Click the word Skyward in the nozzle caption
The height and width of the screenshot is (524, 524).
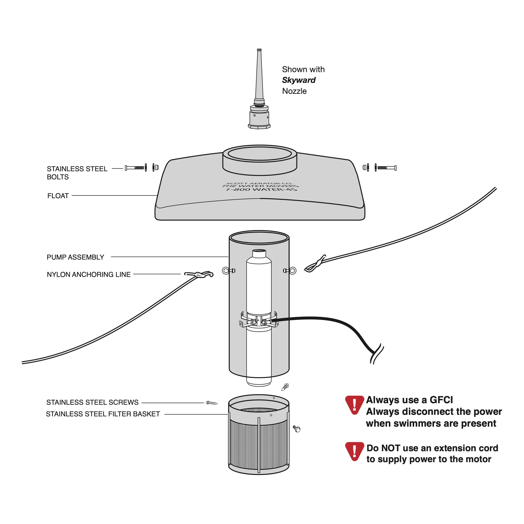pyautogui.click(x=299, y=80)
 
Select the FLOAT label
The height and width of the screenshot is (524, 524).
pyautogui.click(x=58, y=196)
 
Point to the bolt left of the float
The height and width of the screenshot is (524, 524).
pyautogui.click(x=135, y=168)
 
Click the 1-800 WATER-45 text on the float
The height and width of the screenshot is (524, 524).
pyautogui.click(x=261, y=189)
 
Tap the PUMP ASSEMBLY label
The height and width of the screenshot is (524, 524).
pyautogui.click(x=75, y=257)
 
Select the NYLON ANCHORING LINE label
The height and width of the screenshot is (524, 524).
pyautogui.click(x=89, y=274)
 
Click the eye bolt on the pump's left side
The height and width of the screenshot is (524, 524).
pyautogui.click(x=228, y=271)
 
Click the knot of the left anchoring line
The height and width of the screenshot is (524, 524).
pyautogui.click(x=200, y=275)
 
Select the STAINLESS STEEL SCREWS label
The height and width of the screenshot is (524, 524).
pyautogui.click(x=92, y=402)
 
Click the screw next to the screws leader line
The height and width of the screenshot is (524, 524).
pyautogui.click(x=212, y=403)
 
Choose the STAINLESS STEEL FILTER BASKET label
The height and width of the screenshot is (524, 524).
pyautogui.click(x=103, y=414)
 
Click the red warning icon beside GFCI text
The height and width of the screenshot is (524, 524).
pyautogui.click(x=354, y=405)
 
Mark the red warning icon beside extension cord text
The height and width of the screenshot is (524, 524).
pyautogui.click(x=354, y=451)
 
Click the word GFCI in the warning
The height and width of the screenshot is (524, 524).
pyautogui.click(x=441, y=400)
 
